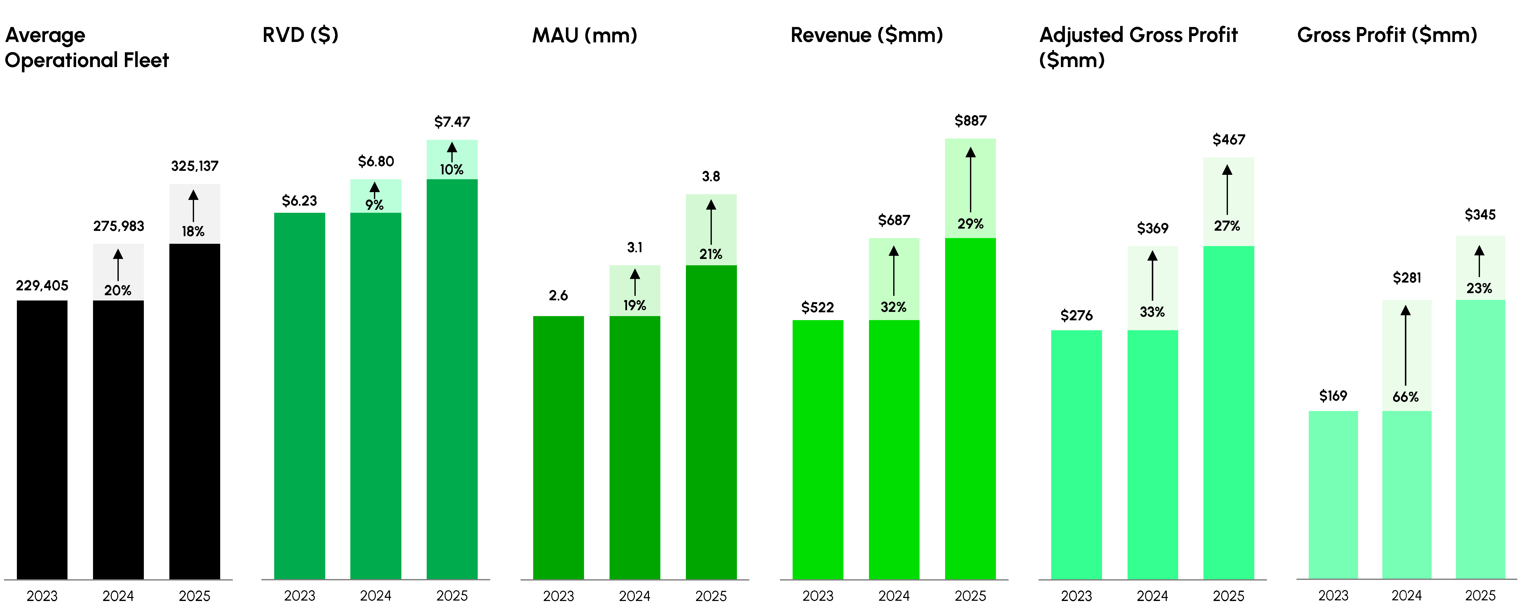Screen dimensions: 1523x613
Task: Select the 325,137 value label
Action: pyautogui.click(x=194, y=166)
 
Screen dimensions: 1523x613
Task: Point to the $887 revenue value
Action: pyautogui.click(x=970, y=121)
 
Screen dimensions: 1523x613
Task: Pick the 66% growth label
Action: pyautogui.click(x=1405, y=397)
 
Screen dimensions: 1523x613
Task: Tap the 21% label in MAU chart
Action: pyautogui.click(x=711, y=254)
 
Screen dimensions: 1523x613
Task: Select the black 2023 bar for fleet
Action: pyautogui.click(x=42, y=440)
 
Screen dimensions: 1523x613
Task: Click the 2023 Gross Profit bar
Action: pyautogui.click(x=1333, y=495)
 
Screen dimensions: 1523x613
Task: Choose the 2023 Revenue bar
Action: pyautogui.click(x=818, y=449)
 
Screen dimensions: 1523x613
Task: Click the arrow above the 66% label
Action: pyautogui.click(x=1405, y=346)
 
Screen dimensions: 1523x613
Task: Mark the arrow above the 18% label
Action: pyautogui.click(x=193, y=206)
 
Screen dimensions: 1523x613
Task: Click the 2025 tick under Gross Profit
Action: pyautogui.click(x=1480, y=595)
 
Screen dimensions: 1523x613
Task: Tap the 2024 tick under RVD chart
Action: pyautogui.click(x=375, y=596)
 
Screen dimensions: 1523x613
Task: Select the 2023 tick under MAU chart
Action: pyautogui.click(x=558, y=596)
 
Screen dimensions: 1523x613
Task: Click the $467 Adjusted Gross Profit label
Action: pyautogui.click(x=1229, y=140)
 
